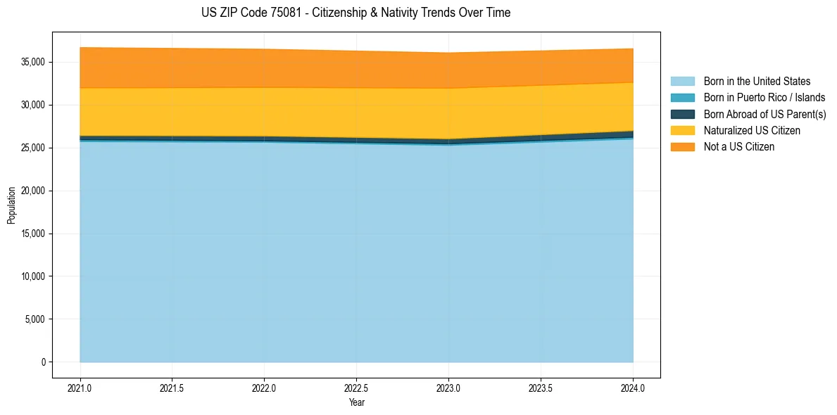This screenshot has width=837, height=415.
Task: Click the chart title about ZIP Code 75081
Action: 355,13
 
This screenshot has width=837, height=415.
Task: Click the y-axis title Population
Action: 11,205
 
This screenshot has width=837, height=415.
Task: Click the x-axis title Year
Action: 356,402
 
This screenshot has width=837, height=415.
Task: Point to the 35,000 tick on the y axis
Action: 32,62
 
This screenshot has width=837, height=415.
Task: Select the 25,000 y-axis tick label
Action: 32,148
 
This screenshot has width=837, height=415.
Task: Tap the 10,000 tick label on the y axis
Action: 32,276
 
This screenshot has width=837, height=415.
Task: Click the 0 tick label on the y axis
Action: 43,362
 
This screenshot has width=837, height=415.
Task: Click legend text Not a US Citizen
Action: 739,147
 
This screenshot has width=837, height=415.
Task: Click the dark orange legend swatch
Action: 682,147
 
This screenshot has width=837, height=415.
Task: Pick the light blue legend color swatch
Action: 682,82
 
